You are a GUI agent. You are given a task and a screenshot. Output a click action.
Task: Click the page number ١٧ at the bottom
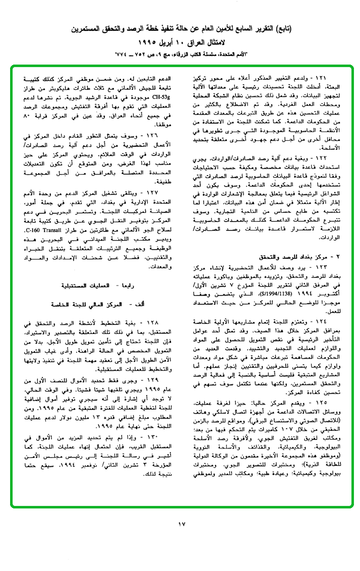pos(182,524)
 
